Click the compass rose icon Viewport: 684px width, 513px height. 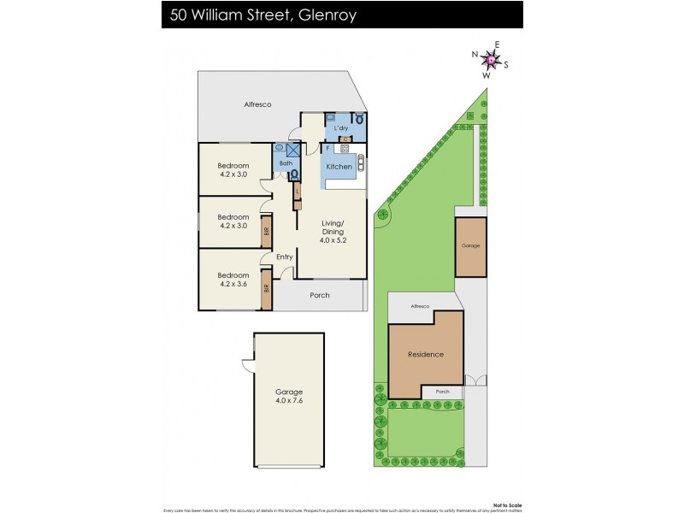coord(491,60)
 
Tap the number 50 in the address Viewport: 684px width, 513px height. coord(180,14)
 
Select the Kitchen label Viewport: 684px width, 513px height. coord(339,167)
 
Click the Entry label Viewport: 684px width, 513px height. coord(284,256)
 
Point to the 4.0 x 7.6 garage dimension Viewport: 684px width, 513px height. coord(289,400)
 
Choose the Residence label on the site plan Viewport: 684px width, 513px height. coord(425,354)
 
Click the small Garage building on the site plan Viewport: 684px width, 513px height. coord(471,246)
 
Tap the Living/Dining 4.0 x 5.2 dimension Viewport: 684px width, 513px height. coord(333,241)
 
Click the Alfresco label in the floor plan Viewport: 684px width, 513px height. coord(257,104)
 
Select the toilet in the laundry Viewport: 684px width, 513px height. coord(360,119)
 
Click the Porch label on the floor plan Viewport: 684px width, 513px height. coord(318,295)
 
